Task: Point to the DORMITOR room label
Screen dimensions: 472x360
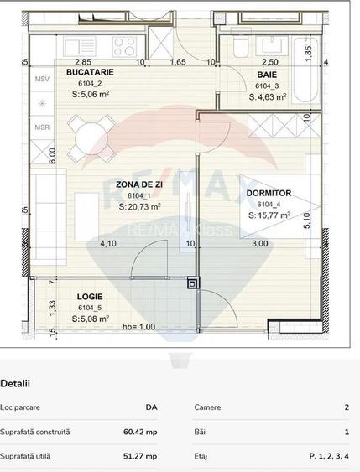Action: tap(269, 192)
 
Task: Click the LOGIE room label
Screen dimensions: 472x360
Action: tap(90, 296)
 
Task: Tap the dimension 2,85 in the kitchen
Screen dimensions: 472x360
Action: tap(83, 62)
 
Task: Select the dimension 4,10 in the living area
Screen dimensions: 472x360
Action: tap(108, 244)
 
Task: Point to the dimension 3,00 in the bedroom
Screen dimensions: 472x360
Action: tap(261, 244)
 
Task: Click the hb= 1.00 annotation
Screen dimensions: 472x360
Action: tap(138, 327)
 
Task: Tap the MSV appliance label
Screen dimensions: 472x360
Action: tap(41, 79)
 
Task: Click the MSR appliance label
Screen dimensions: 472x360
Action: tap(41, 127)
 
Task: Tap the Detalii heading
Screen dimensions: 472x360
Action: tap(15, 384)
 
